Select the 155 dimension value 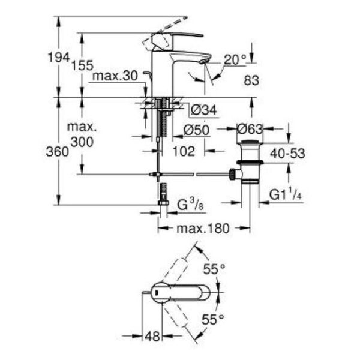pyautogui.click(x=85, y=66)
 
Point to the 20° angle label pyautogui.click(x=235, y=59)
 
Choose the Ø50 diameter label pyautogui.click(x=196, y=130)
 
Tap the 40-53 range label pyautogui.click(x=286, y=154)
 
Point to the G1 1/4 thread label pyautogui.click(x=283, y=196)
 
